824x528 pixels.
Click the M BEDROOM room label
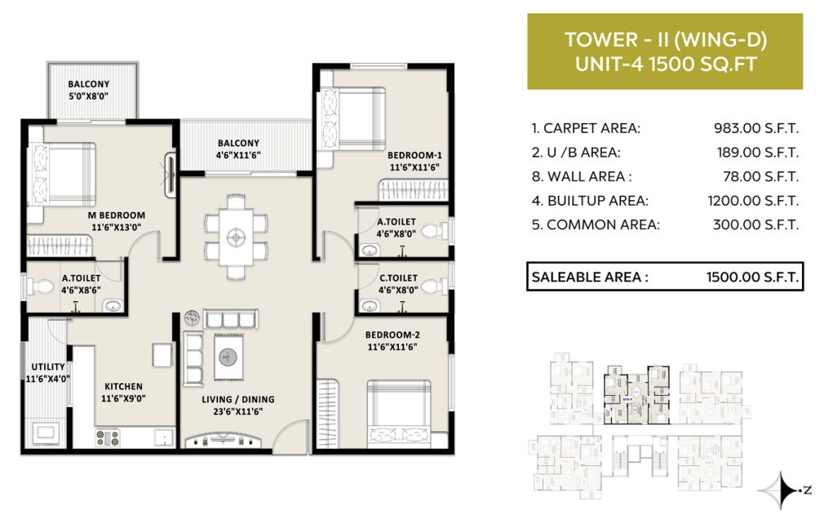[x=116, y=215]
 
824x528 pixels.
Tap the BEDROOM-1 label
[x=414, y=155]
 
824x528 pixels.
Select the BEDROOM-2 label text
[x=392, y=335]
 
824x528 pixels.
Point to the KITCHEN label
[x=123, y=386]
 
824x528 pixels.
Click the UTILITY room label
[x=48, y=366]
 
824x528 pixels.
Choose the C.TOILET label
[x=398, y=277]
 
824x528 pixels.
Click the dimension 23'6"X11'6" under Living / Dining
[x=238, y=411]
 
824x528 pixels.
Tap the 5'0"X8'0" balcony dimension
[x=89, y=95]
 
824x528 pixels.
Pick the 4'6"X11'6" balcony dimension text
[x=238, y=155]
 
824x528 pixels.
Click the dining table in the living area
[x=236, y=237]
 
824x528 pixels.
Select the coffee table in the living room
[x=228, y=357]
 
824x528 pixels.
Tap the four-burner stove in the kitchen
[x=108, y=438]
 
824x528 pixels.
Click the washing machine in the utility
[x=46, y=433]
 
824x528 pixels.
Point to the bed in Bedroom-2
[x=399, y=414]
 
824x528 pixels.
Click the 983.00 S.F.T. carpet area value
[x=756, y=128]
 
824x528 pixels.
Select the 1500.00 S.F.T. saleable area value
[x=752, y=277]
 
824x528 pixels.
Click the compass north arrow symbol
[x=781, y=490]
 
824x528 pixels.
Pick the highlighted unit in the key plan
[x=636, y=394]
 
